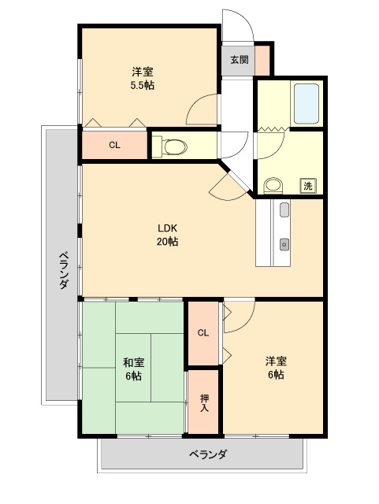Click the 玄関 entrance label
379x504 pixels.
[x=240, y=60]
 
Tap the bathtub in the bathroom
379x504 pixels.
[x=307, y=103]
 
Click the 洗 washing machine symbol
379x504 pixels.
[x=308, y=186]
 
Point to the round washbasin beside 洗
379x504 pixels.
[x=273, y=186]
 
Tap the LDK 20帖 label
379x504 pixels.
[x=167, y=235]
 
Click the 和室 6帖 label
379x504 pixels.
[x=133, y=369]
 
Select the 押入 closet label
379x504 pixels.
[x=204, y=402]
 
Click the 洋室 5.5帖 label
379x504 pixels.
[x=142, y=78]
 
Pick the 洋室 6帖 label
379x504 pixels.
[x=276, y=368]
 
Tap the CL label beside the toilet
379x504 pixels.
[x=114, y=145]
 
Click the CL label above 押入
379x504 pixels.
[x=203, y=332]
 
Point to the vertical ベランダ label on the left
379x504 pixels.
[x=64, y=270]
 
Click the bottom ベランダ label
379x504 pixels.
[x=208, y=454]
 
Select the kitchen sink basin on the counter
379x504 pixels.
[x=284, y=244]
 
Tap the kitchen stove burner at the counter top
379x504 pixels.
[x=284, y=210]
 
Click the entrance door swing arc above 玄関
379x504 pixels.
[x=243, y=19]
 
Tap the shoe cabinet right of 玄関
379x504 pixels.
[x=262, y=60]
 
